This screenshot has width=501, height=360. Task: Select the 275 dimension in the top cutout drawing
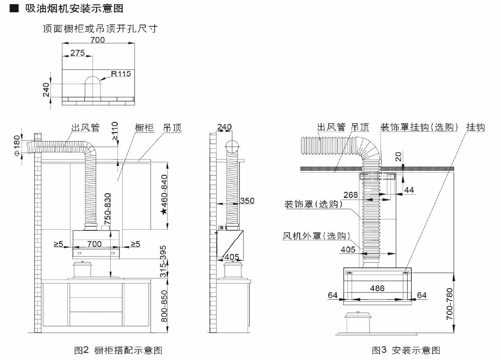pyautogui.click(x=77, y=53)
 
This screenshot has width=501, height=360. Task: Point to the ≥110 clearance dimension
pyautogui.click(x=114, y=132)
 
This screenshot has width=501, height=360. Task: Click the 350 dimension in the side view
pyautogui.click(x=247, y=201)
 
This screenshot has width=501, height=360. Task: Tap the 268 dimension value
pyautogui.click(x=351, y=195)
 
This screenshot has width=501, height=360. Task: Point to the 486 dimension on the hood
pyautogui.click(x=377, y=288)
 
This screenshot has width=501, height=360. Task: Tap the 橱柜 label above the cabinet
pyautogui.click(x=144, y=128)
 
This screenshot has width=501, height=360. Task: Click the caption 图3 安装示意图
pyautogui.click(x=406, y=350)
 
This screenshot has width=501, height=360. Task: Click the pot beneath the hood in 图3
pyautogui.click(x=358, y=323)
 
